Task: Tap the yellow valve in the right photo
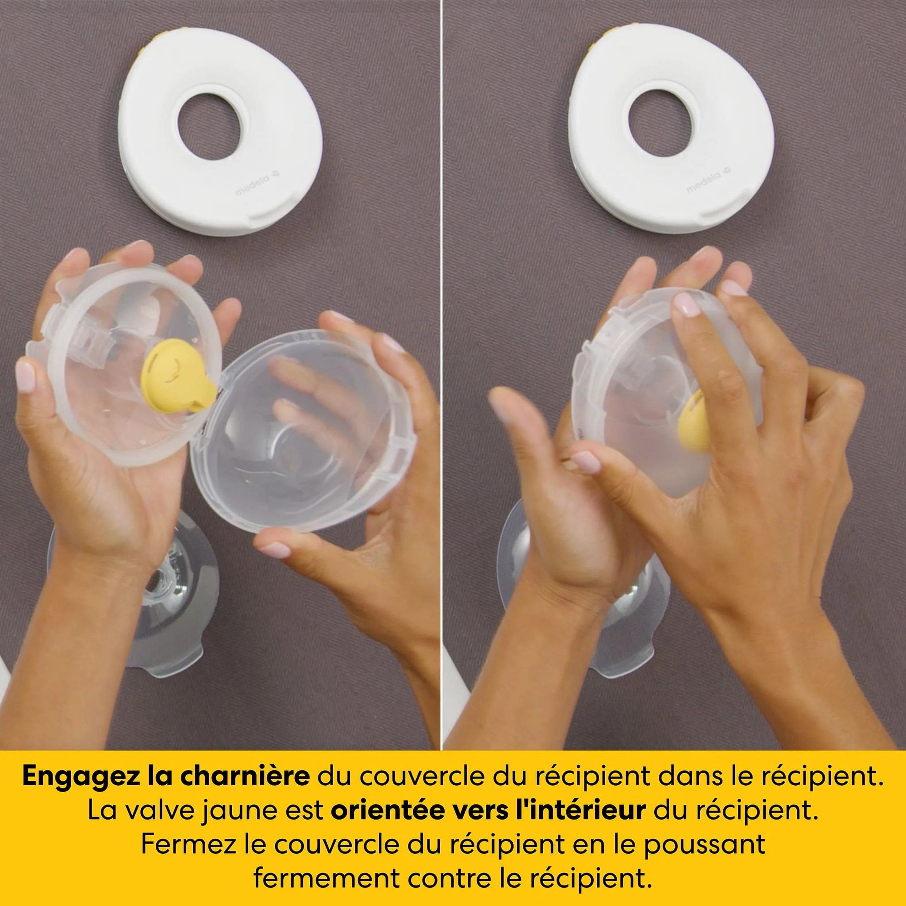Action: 694,422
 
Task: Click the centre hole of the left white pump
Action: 209,127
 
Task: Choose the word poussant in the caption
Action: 704,845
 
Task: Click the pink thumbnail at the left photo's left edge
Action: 25,377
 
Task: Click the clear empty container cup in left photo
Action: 303,431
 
